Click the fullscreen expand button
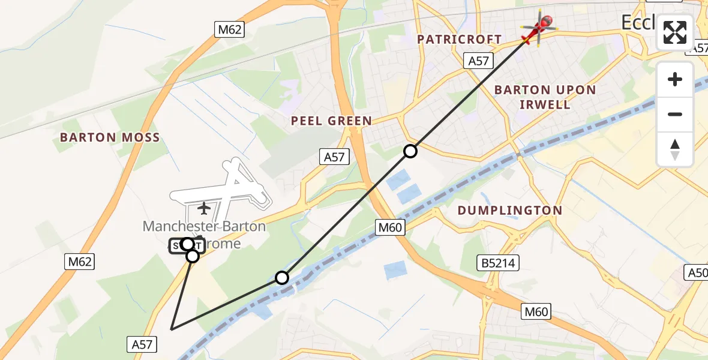pyautogui.click(x=675, y=32)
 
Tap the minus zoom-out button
pyautogui.click(x=675, y=114)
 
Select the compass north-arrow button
pyautogui.click(x=675, y=149)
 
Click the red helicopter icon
pyautogui.click(x=539, y=28)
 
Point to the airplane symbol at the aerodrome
pyautogui.click(x=204, y=208)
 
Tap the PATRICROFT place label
pyautogui.click(x=460, y=39)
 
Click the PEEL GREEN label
pyautogui.click(x=331, y=121)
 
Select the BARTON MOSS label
pyautogui.click(x=110, y=137)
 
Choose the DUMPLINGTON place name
pyautogui.click(x=510, y=211)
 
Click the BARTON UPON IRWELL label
pyautogui.click(x=545, y=97)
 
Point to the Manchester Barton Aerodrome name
pyautogui.click(x=204, y=235)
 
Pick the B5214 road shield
pyautogui.click(x=498, y=262)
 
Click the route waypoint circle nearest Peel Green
pyautogui.click(x=410, y=151)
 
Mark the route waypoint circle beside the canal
pyautogui.click(x=282, y=278)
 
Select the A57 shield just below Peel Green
pyautogui.click(x=334, y=157)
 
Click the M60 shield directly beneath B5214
pyautogui.click(x=536, y=311)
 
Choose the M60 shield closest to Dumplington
pyautogui.click(x=391, y=227)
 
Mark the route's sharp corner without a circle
pyautogui.click(x=172, y=329)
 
